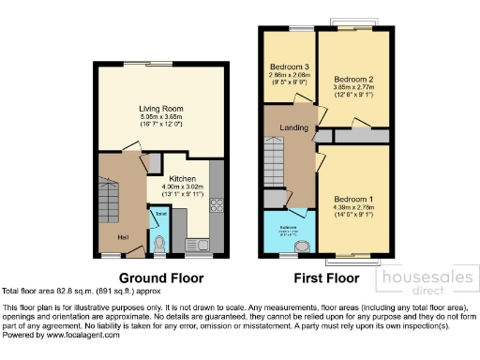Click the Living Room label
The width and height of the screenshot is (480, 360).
coord(161,109)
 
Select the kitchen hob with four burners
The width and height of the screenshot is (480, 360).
coord(217,203)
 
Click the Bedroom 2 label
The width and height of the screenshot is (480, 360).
coord(353,74)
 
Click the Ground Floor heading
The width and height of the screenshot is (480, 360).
coord(160,277)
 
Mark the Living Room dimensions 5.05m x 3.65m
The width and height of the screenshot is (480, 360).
coord(161,117)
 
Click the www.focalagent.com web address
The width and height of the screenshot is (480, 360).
coord(82,334)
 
